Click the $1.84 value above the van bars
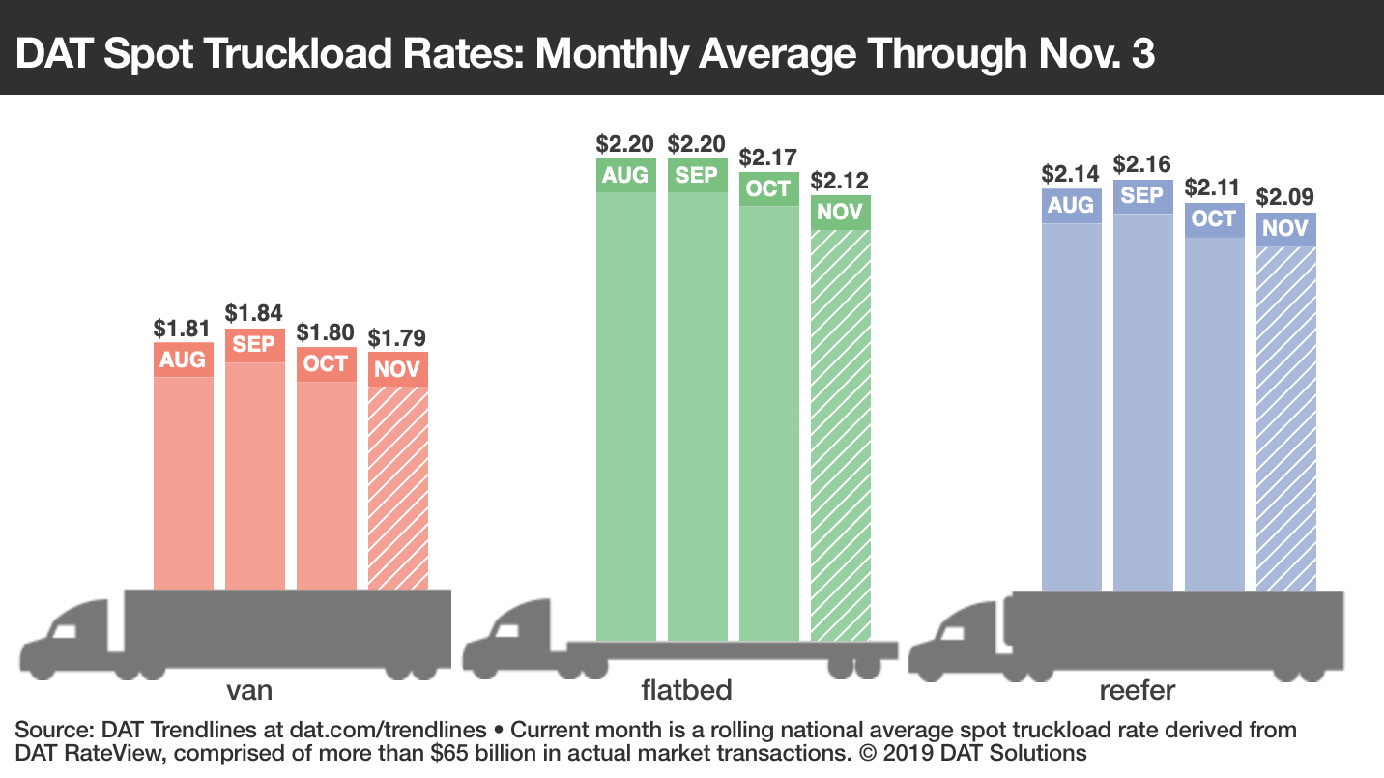tap(254, 313)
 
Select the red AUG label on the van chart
tap(183, 360)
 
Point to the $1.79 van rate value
tap(397, 338)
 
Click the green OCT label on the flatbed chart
tap(768, 188)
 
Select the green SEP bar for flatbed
tap(697, 416)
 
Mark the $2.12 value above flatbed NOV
tap(840, 180)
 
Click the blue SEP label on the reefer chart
tap(1142, 195)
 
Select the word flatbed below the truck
tap(686, 691)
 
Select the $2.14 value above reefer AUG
tap(1071, 174)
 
